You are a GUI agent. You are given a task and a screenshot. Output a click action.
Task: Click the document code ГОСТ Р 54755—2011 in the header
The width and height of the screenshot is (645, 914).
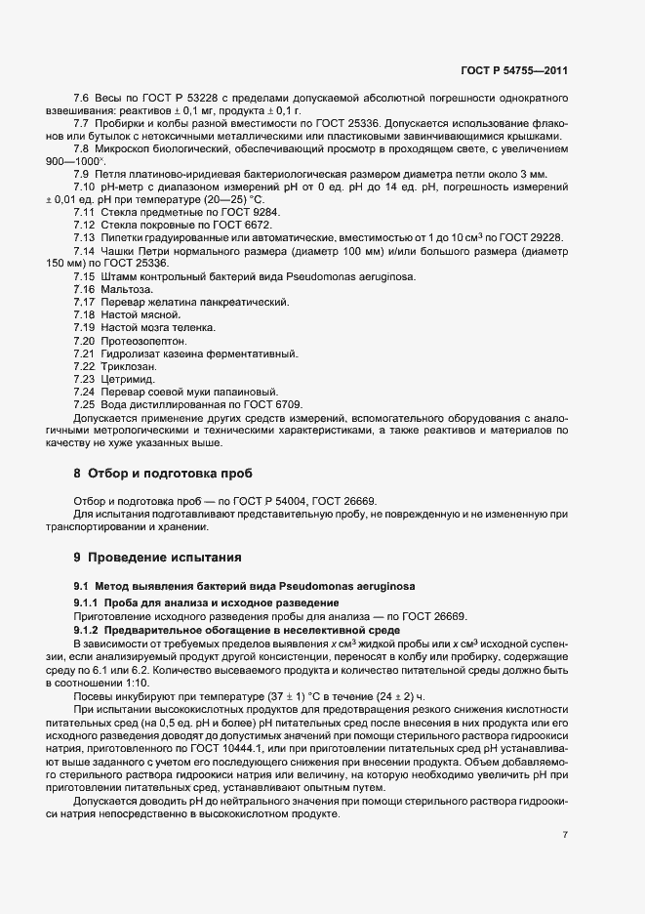[514, 71]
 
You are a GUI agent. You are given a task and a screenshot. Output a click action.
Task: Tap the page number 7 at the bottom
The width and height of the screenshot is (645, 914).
[566, 834]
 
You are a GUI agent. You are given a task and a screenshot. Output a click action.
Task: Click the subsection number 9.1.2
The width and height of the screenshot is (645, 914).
[90, 630]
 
